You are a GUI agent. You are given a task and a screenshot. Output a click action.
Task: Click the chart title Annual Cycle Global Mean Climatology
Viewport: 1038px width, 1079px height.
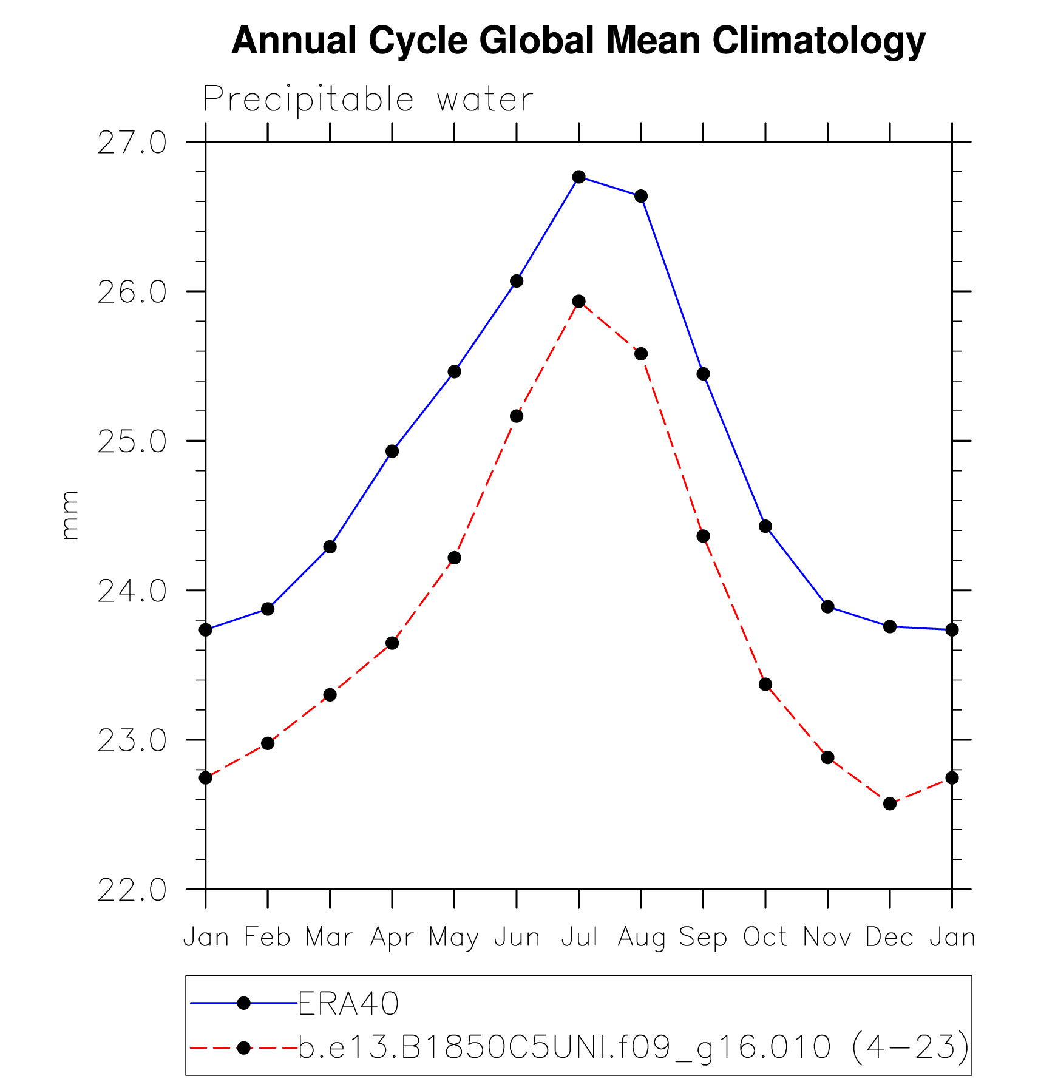click(578, 41)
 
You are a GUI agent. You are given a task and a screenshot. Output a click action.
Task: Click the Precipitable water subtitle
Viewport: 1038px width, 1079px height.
click(368, 99)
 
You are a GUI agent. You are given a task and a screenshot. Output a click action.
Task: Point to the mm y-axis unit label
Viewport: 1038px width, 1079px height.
click(70, 515)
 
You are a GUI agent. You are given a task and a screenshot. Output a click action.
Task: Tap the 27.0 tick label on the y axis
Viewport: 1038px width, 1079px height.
click(132, 143)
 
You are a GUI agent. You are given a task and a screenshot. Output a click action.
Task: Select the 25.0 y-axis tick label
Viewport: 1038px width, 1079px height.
click(132, 442)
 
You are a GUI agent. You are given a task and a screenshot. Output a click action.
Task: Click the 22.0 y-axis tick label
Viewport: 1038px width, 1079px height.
click(132, 890)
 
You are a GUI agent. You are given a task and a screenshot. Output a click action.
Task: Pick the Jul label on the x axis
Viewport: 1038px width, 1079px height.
click(579, 938)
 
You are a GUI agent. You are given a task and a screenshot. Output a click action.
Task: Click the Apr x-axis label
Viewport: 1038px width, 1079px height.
click(392, 938)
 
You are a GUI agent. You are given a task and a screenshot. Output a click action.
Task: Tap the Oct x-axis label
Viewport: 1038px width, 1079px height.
click(765, 938)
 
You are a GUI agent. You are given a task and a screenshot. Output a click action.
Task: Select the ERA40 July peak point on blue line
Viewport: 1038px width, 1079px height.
click(579, 177)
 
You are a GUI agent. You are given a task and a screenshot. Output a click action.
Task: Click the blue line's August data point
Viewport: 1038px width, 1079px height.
click(641, 196)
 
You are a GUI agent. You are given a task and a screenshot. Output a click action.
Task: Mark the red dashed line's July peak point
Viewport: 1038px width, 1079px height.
click(579, 302)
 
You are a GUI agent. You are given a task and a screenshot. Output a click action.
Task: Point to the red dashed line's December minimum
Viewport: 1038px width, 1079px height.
click(890, 803)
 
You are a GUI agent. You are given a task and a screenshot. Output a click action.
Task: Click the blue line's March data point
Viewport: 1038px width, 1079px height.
click(330, 547)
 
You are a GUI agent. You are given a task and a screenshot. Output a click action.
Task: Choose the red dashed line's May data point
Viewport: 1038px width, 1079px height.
click(455, 558)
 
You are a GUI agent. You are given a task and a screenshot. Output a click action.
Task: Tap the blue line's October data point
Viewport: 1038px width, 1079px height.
click(765, 526)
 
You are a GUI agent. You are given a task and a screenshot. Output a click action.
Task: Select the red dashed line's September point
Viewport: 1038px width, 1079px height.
click(704, 536)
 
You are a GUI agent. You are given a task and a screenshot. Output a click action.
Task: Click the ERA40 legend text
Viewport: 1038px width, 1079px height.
click(348, 1004)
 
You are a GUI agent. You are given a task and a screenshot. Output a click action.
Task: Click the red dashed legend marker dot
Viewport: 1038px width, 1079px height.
click(244, 1048)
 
